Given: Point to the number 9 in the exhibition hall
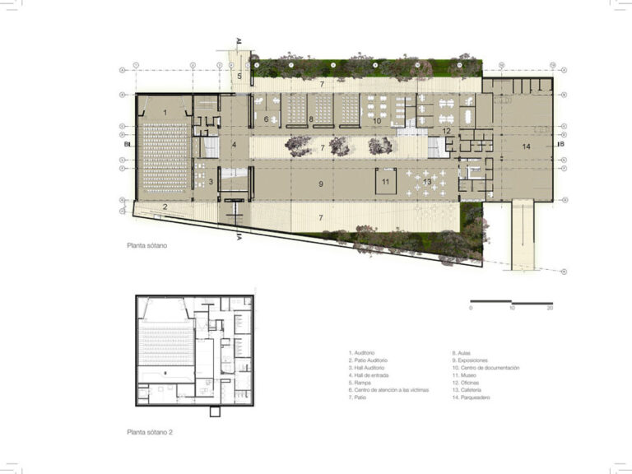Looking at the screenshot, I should (x=320, y=184).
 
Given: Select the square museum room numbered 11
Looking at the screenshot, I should (x=384, y=181).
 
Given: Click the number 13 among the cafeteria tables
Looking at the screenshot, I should (x=427, y=181).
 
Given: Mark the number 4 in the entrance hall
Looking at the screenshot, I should (x=234, y=145).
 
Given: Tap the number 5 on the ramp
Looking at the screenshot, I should (x=239, y=77).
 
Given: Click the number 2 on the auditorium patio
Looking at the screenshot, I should (x=165, y=207).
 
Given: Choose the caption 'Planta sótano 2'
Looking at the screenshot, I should (x=150, y=431).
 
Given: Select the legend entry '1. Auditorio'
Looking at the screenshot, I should (x=365, y=352).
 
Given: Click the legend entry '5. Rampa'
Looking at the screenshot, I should (x=360, y=383).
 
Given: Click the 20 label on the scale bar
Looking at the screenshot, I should (x=550, y=308).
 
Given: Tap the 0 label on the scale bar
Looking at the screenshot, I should (x=472, y=308).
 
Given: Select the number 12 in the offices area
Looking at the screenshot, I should (x=447, y=131).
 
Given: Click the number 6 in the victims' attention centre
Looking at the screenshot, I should (x=267, y=119).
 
